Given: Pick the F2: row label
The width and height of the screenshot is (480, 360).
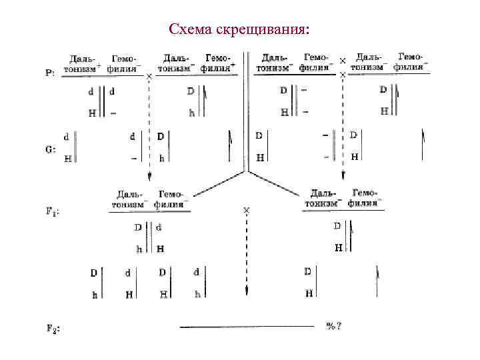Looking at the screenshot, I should [53, 328].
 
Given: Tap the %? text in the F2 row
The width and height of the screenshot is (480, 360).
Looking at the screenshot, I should [334, 326].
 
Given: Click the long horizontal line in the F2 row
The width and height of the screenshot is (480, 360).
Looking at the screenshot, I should [247, 327].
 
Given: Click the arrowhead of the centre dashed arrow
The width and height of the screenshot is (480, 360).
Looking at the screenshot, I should [247, 291].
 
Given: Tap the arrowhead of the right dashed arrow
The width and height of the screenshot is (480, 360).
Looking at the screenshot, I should [343, 175].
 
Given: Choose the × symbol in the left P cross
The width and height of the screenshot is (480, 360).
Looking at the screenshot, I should [149, 77].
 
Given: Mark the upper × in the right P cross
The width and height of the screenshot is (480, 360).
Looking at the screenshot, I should [343, 61].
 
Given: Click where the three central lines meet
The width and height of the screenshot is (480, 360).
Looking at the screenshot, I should [247, 171].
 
